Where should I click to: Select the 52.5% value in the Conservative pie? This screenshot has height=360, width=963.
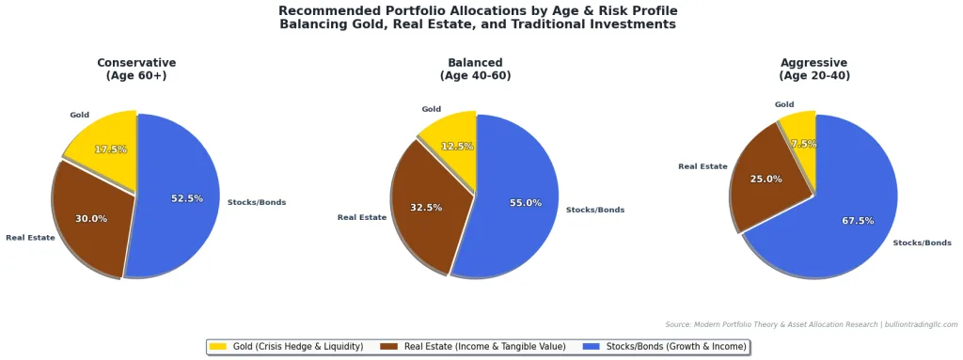[x=186, y=198]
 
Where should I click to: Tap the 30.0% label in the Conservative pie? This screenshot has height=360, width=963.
[x=91, y=219]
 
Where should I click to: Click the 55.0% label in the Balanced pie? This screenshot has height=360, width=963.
[x=526, y=203]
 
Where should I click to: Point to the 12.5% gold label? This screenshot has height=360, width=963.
[x=457, y=147]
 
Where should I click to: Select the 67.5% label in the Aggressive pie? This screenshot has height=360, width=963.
[x=858, y=221]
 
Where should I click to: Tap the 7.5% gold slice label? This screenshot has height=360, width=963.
[x=804, y=144]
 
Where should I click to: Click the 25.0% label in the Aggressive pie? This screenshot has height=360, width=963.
[x=766, y=179]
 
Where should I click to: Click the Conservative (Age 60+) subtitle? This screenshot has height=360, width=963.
[x=136, y=70]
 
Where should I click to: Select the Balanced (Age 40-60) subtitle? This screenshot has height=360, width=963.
[x=475, y=70]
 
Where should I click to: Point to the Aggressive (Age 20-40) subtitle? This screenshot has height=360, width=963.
[x=814, y=70]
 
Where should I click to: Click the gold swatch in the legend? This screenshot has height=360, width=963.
[x=218, y=347]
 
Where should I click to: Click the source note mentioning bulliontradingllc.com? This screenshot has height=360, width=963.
[x=811, y=324]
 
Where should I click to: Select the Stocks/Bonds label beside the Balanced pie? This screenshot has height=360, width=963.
[x=595, y=210]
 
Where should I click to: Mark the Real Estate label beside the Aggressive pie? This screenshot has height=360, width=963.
[x=703, y=166]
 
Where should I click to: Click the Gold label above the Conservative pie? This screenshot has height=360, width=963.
[x=79, y=115]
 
